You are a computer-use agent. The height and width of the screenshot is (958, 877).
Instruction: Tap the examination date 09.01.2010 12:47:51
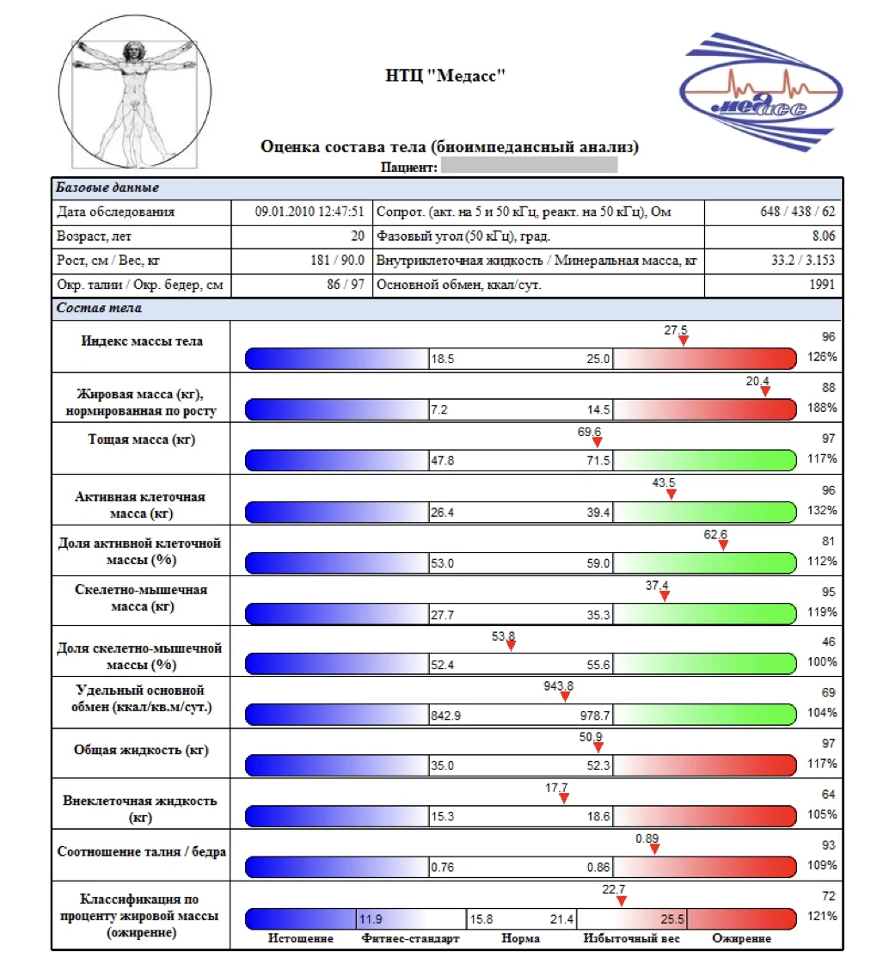[x=310, y=212]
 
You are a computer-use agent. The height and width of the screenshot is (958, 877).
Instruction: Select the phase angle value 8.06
[x=822, y=236]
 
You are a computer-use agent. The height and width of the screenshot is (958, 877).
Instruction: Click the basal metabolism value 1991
[x=822, y=285]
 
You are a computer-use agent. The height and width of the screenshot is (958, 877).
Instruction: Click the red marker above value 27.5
[x=683, y=341]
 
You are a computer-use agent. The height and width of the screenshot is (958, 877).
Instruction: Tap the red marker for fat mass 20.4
[x=765, y=392]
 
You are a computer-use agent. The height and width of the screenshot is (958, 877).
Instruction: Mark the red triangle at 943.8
[x=565, y=697]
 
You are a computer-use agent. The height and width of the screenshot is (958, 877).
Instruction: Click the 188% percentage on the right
[x=822, y=408]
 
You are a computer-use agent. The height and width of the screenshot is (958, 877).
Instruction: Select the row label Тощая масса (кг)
[x=143, y=439]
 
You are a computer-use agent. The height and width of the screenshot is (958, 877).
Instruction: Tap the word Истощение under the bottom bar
[x=300, y=938]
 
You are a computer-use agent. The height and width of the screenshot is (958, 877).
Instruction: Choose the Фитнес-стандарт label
[x=411, y=938]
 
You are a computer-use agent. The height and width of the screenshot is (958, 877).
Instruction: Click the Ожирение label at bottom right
[x=741, y=938]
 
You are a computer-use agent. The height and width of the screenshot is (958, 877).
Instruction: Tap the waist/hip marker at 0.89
[x=654, y=849]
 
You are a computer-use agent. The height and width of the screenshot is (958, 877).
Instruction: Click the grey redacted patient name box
[x=529, y=165]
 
